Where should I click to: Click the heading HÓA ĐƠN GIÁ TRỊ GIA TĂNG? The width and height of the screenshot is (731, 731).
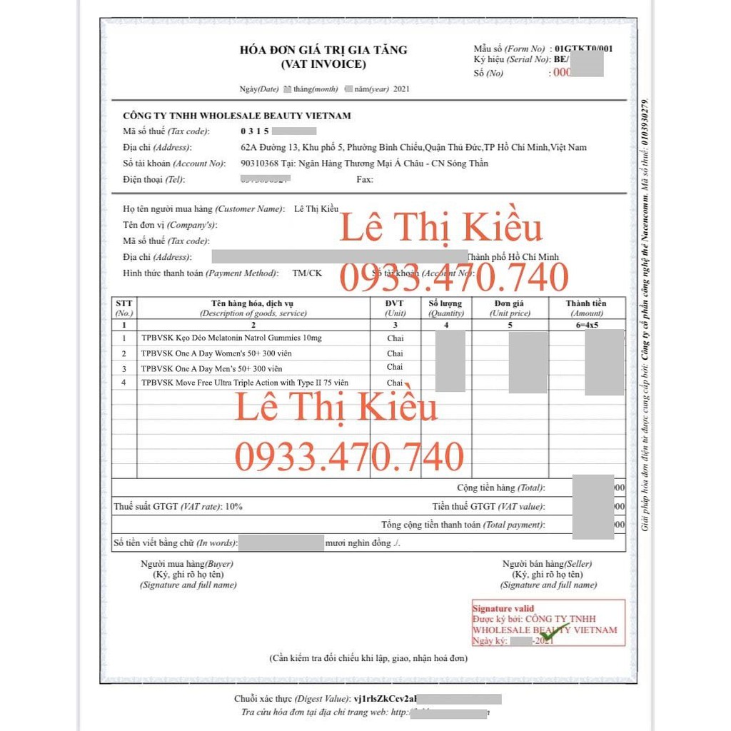click(323, 50)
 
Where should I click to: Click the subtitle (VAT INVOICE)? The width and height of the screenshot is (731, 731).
click(323, 64)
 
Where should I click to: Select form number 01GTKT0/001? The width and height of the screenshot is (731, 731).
click(583, 49)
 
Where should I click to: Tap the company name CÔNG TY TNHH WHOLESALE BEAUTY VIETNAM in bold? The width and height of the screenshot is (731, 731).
click(237, 116)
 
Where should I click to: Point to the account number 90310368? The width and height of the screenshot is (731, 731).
click(261, 163)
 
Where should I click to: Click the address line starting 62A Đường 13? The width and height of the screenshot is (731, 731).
click(413, 148)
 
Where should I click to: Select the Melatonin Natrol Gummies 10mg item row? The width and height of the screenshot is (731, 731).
click(231, 338)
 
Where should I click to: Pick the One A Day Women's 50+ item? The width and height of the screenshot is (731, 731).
click(216, 353)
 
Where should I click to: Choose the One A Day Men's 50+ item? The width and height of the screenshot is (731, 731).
click(211, 368)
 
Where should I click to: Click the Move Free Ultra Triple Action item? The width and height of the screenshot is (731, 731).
click(245, 383)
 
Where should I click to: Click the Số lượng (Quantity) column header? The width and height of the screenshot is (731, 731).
click(446, 308)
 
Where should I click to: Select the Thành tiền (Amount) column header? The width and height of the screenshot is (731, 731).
click(586, 308)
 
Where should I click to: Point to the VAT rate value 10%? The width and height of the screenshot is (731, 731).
click(233, 507)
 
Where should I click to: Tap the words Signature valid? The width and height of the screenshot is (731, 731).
click(503, 609)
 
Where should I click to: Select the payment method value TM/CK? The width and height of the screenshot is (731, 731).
click(307, 273)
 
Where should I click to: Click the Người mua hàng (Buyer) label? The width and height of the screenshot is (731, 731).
click(187, 564)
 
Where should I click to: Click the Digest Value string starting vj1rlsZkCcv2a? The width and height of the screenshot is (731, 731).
click(385, 699)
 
